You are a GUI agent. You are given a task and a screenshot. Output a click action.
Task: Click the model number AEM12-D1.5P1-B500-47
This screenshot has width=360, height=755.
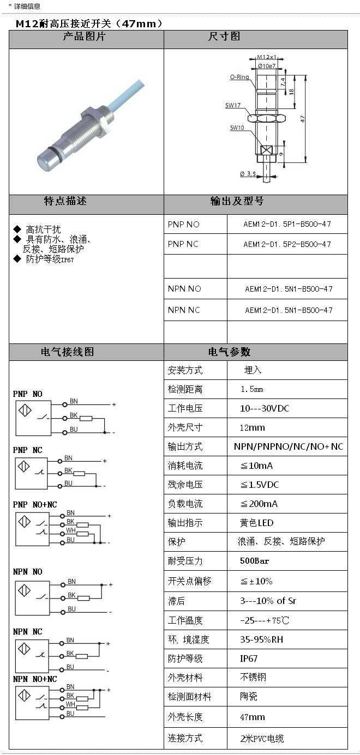[287, 224]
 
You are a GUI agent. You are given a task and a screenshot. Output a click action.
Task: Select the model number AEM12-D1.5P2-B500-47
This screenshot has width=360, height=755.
[287, 244]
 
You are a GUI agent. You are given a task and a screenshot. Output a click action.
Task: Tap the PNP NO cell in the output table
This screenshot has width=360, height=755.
[184, 225]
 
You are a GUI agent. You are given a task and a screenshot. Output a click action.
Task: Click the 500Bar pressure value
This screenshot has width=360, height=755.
[255, 561]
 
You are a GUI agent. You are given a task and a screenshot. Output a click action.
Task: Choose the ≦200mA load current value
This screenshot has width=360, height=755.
[259, 504]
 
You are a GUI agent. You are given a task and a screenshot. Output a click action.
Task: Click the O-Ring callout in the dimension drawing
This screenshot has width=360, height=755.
[239, 77]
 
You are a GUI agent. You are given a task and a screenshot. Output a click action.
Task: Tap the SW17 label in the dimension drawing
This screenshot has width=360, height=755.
[233, 105]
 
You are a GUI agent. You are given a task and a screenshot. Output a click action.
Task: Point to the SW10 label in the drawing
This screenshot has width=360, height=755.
[237, 128]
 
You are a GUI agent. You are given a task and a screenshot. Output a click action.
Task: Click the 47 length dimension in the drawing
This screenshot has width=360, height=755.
[302, 118]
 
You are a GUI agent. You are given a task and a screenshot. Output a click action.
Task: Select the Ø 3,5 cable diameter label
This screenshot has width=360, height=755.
[248, 174]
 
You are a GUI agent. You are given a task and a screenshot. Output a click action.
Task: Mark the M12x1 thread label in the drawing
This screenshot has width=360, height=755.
[267, 57]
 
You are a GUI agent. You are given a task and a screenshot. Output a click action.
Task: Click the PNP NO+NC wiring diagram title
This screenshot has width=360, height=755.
[35, 505]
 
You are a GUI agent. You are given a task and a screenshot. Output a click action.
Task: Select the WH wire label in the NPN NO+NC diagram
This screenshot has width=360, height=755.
[70, 704]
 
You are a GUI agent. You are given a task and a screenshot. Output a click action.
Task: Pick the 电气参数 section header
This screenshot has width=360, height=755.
[229, 352]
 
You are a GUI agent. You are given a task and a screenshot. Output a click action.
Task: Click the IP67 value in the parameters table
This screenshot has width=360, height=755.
[249, 659]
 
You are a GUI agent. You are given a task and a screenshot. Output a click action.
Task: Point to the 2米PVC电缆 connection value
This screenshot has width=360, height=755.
[262, 739]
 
